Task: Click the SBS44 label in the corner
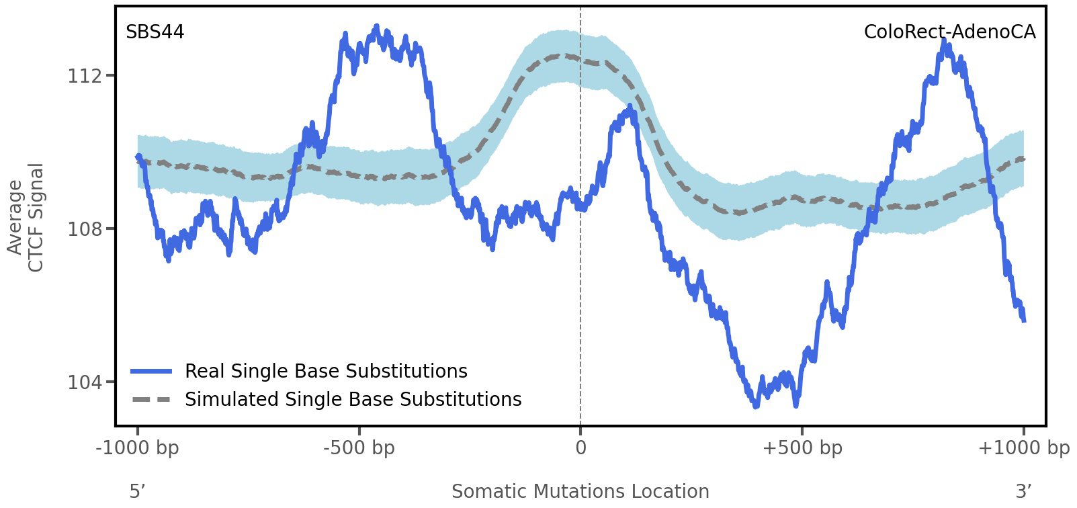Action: click(x=155, y=32)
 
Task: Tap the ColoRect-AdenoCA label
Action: click(x=949, y=32)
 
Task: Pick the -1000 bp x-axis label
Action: click(x=138, y=448)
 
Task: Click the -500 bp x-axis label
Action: click(x=359, y=448)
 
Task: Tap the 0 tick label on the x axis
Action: click(x=580, y=448)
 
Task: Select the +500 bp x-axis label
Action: click(x=802, y=448)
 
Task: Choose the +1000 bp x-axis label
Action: click(x=1023, y=448)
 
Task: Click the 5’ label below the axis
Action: click(x=137, y=492)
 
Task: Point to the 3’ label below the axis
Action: click(x=1023, y=492)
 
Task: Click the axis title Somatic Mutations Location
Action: click(x=580, y=492)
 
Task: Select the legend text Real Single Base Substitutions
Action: click(x=326, y=372)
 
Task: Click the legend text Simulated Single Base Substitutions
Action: click(x=353, y=400)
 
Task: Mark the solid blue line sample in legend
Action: click(x=152, y=372)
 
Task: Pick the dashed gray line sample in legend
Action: click(x=152, y=400)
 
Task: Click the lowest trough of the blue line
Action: click(x=756, y=406)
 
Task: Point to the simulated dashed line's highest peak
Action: click(x=562, y=56)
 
